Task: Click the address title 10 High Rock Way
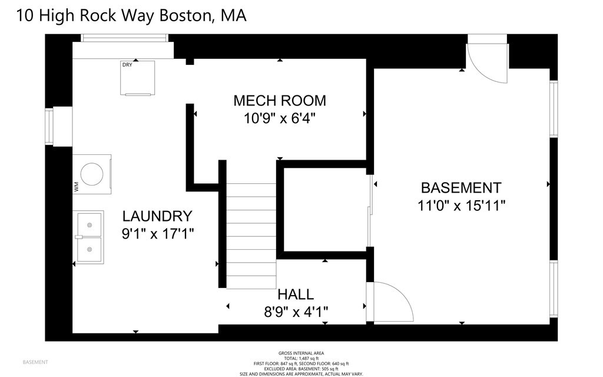(131, 15)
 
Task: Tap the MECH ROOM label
(279, 101)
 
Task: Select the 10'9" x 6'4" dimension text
(279, 118)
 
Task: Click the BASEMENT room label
(460, 188)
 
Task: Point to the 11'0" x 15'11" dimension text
(460, 206)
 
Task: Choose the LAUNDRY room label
(157, 216)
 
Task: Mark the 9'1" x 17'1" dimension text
(157, 234)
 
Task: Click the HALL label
(296, 294)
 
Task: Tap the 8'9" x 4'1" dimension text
(296, 310)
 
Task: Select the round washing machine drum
(93, 174)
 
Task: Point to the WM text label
(76, 187)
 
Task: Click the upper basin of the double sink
(89, 224)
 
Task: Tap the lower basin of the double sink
(89, 249)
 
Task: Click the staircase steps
(251, 236)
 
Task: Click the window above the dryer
(124, 38)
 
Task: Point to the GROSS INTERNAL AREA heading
(301, 353)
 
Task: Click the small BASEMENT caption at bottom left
(35, 362)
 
